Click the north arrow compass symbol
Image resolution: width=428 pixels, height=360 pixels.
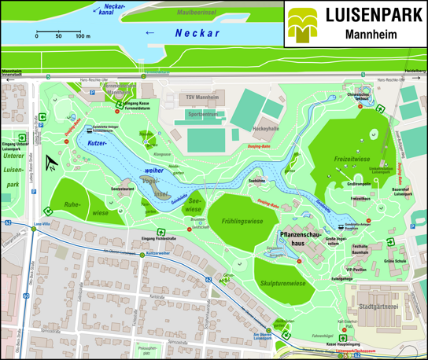[51, 163]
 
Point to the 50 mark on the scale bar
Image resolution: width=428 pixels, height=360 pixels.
[59, 36]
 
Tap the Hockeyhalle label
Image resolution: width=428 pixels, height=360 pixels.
[265, 127]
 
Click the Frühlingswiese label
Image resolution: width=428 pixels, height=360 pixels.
[242, 222]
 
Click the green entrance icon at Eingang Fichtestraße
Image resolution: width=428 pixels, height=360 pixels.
[160, 232]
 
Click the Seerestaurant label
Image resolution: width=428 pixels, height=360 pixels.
[124, 189]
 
